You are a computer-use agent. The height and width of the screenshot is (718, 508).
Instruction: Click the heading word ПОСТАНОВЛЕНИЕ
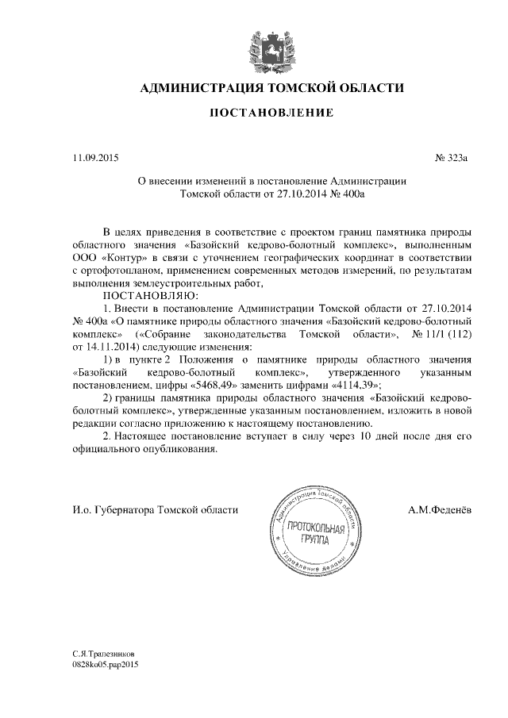[270, 113]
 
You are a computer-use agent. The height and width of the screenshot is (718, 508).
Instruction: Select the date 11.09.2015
[94, 158]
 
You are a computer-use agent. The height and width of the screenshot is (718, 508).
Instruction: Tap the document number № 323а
[452, 158]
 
